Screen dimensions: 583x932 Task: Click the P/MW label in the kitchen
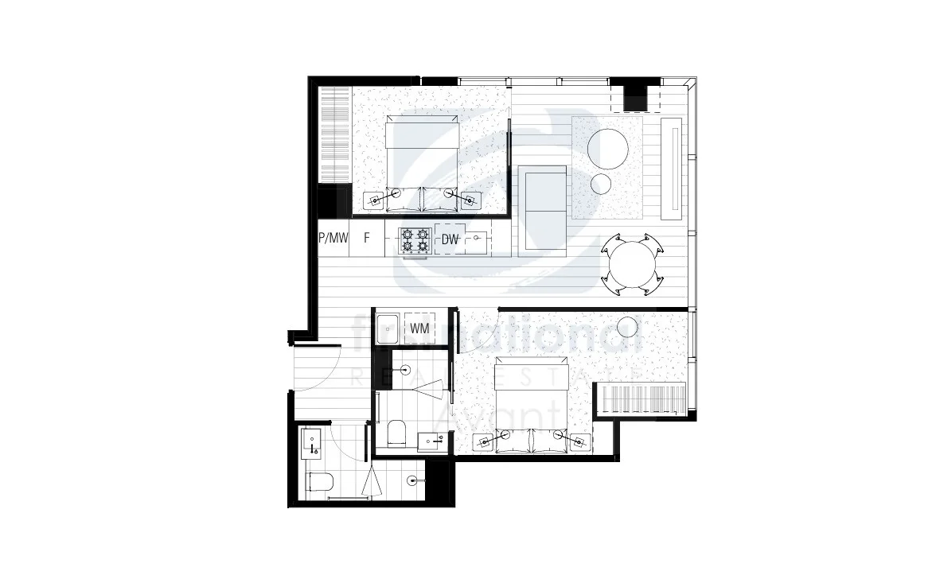[333, 238]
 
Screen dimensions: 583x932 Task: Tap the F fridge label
[367, 238]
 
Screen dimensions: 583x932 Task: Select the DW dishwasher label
[450, 238]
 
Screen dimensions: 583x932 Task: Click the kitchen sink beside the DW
[477, 238]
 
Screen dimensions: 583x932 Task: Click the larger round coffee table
[608, 148]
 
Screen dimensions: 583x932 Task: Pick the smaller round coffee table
[602, 185]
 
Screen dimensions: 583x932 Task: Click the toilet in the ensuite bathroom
[396, 433]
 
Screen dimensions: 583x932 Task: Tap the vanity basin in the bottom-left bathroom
[311, 441]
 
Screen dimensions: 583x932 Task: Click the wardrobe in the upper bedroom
[334, 135]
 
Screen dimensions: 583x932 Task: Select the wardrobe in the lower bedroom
[641, 398]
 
